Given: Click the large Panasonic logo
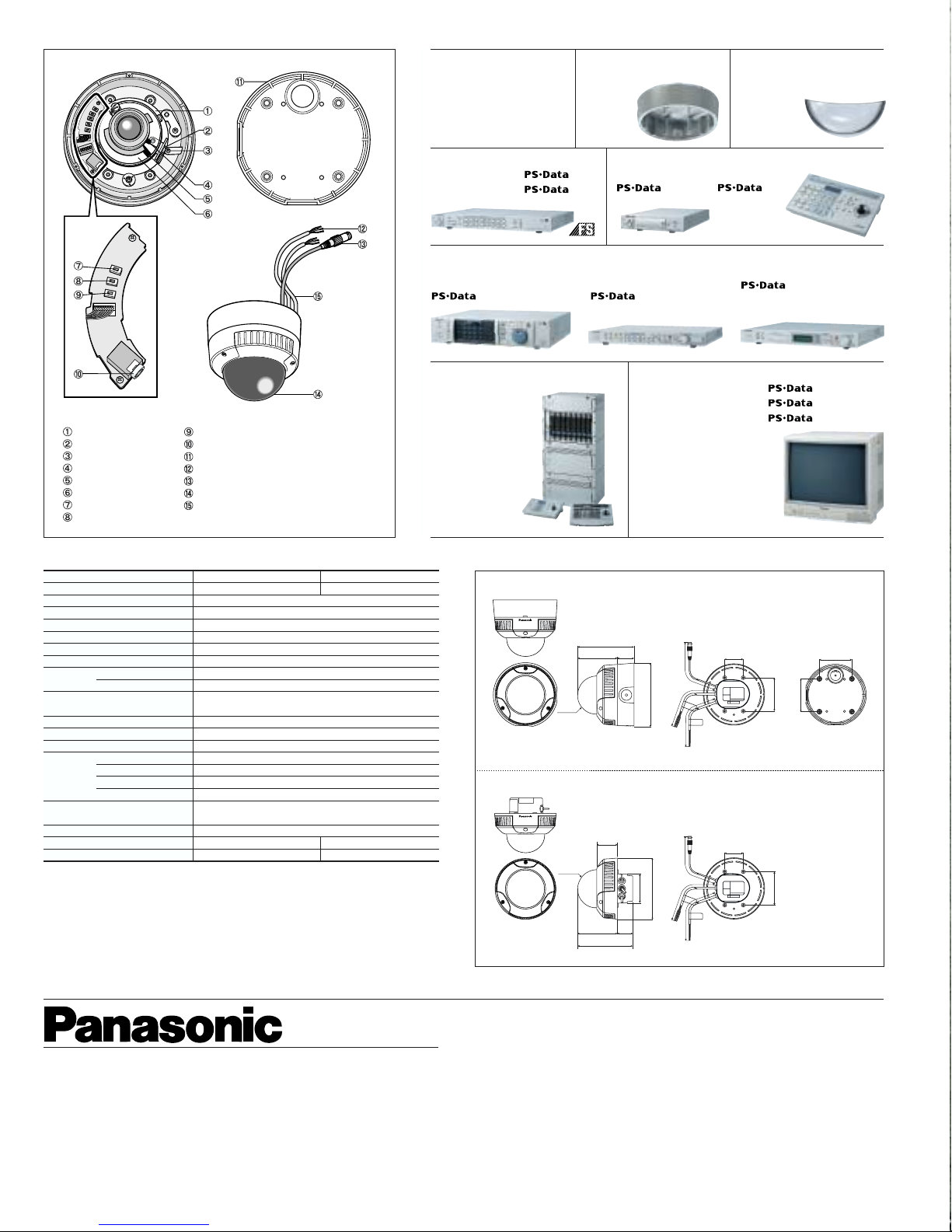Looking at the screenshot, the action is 162,1024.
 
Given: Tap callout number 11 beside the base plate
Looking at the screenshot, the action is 239,82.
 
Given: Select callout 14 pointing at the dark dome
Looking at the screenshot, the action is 318,394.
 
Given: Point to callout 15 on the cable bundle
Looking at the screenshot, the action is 317,296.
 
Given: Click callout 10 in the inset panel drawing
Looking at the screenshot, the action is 78,374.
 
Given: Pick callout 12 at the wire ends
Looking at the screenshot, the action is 362,229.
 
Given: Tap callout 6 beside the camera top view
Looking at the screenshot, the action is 207,214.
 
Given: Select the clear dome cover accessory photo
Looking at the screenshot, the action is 845,119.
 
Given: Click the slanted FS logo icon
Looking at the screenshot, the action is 582,229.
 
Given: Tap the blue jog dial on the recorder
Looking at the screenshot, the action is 519,337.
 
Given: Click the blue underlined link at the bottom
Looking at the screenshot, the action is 154,1225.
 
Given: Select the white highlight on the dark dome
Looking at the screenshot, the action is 265,386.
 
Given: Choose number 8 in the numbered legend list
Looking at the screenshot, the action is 68,517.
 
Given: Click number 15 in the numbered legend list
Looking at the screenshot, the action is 189,505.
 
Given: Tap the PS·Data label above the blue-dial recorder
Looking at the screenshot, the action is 453,296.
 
